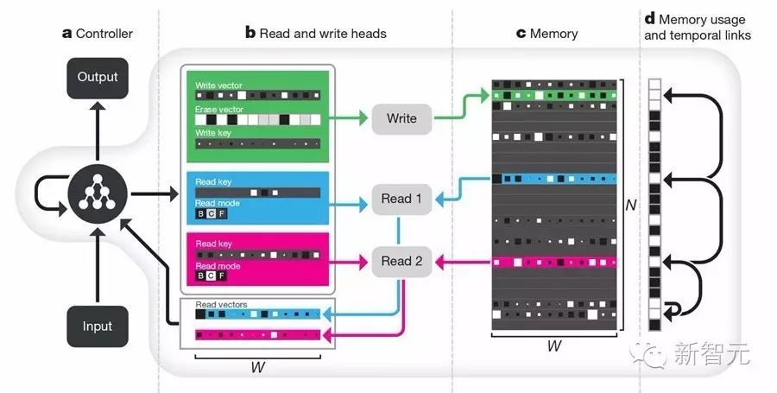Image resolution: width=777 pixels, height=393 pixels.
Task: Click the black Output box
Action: click(x=98, y=78)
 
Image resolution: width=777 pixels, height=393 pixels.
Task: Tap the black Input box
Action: click(x=98, y=326)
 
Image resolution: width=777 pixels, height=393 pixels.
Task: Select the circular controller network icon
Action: click(x=97, y=193)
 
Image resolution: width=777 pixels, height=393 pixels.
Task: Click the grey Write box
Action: click(x=401, y=118)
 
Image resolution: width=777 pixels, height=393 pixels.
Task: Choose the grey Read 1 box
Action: click(x=401, y=199)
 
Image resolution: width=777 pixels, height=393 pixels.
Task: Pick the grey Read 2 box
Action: click(x=401, y=261)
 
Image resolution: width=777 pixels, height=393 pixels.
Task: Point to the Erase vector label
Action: click(x=219, y=110)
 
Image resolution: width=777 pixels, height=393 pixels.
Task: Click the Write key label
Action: click(x=213, y=133)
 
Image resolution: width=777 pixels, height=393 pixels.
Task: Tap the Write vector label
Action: click(x=218, y=86)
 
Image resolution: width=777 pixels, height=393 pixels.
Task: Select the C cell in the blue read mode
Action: click(x=212, y=213)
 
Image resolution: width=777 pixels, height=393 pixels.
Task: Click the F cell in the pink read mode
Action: click(x=222, y=276)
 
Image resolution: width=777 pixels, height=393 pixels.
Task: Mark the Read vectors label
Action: click(x=221, y=304)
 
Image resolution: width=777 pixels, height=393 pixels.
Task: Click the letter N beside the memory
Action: click(x=631, y=205)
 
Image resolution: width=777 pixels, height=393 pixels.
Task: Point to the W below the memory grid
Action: click(x=554, y=345)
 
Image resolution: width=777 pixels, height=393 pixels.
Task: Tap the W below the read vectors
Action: click(x=257, y=367)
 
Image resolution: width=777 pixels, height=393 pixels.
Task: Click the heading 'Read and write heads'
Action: click(x=323, y=34)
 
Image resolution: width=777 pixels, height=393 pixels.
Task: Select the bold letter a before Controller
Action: click(x=66, y=35)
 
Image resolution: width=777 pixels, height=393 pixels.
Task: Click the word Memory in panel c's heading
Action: click(x=554, y=34)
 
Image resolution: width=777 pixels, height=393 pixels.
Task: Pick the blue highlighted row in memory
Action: click(x=554, y=179)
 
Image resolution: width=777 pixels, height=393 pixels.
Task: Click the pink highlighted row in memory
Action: click(x=554, y=262)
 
